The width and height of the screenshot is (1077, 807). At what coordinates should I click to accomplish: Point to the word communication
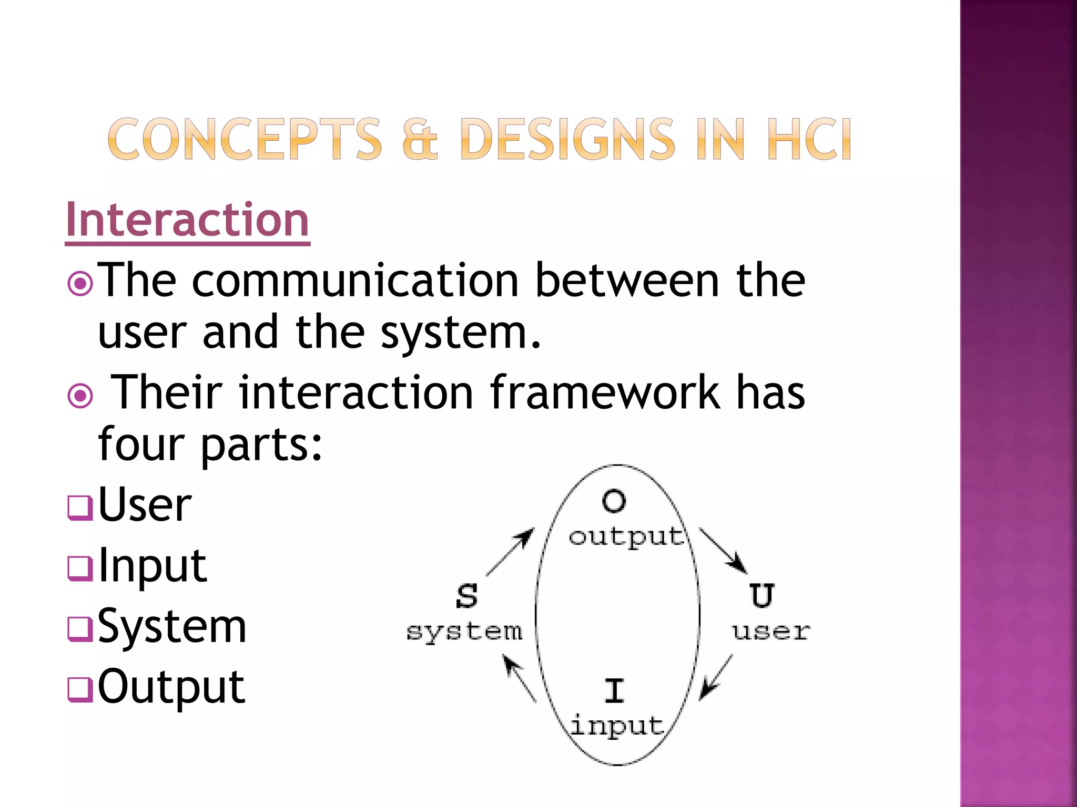click(x=355, y=281)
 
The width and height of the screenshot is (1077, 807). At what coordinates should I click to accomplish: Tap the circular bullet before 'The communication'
click(x=80, y=284)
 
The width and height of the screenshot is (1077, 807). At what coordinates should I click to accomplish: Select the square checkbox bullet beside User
click(x=80, y=508)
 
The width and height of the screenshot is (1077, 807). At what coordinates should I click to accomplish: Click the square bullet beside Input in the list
click(x=80, y=568)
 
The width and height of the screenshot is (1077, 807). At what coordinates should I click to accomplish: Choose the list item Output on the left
click(x=171, y=687)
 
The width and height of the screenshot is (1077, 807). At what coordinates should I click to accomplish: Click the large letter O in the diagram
click(x=614, y=501)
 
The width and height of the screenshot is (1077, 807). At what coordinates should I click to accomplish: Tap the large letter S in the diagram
click(x=467, y=596)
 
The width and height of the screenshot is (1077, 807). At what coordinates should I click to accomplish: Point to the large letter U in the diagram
click(x=762, y=596)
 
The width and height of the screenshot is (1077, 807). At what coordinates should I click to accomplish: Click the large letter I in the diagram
click(x=614, y=690)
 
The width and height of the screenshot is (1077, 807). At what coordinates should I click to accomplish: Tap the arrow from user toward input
click(x=716, y=678)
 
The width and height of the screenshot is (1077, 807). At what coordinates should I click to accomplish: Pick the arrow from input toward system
click(x=520, y=678)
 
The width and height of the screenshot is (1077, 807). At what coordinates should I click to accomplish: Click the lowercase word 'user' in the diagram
click(x=771, y=631)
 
